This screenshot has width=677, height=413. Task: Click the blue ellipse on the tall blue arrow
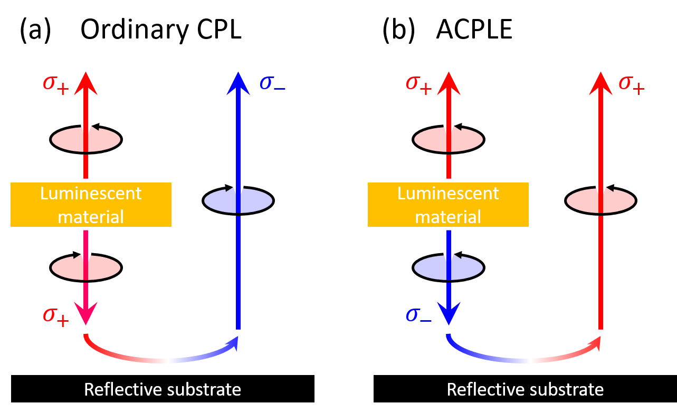(x=238, y=200)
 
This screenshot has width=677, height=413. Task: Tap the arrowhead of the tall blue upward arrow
(x=238, y=84)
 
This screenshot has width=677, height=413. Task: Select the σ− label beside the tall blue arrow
(x=272, y=84)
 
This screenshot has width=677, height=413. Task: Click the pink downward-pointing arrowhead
(x=85, y=313)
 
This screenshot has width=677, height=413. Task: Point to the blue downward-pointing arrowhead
(x=449, y=313)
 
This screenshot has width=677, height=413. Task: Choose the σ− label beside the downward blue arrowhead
(x=419, y=315)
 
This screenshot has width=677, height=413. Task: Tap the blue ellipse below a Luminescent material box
(x=449, y=268)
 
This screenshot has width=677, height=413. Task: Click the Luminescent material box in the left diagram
(x=91, y=205)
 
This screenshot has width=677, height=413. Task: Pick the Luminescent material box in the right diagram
(x=448, y=205)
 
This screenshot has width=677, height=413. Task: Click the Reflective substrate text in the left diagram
(x=163, y=390)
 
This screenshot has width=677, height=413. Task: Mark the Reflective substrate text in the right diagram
(x=525, y=390)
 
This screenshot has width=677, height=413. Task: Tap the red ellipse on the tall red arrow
(x=600, y=200)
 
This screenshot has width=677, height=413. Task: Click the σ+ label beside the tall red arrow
(x=632, y=84)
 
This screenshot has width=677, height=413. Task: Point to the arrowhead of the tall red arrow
(x=600, y=84)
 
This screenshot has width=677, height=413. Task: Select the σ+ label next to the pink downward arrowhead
(x=56, y=315)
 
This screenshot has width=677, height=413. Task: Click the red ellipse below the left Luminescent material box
(x=85, y=267)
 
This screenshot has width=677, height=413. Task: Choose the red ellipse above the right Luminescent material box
(x=449, y=140)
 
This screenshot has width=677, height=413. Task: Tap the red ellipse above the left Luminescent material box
(x=85, y=140)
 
